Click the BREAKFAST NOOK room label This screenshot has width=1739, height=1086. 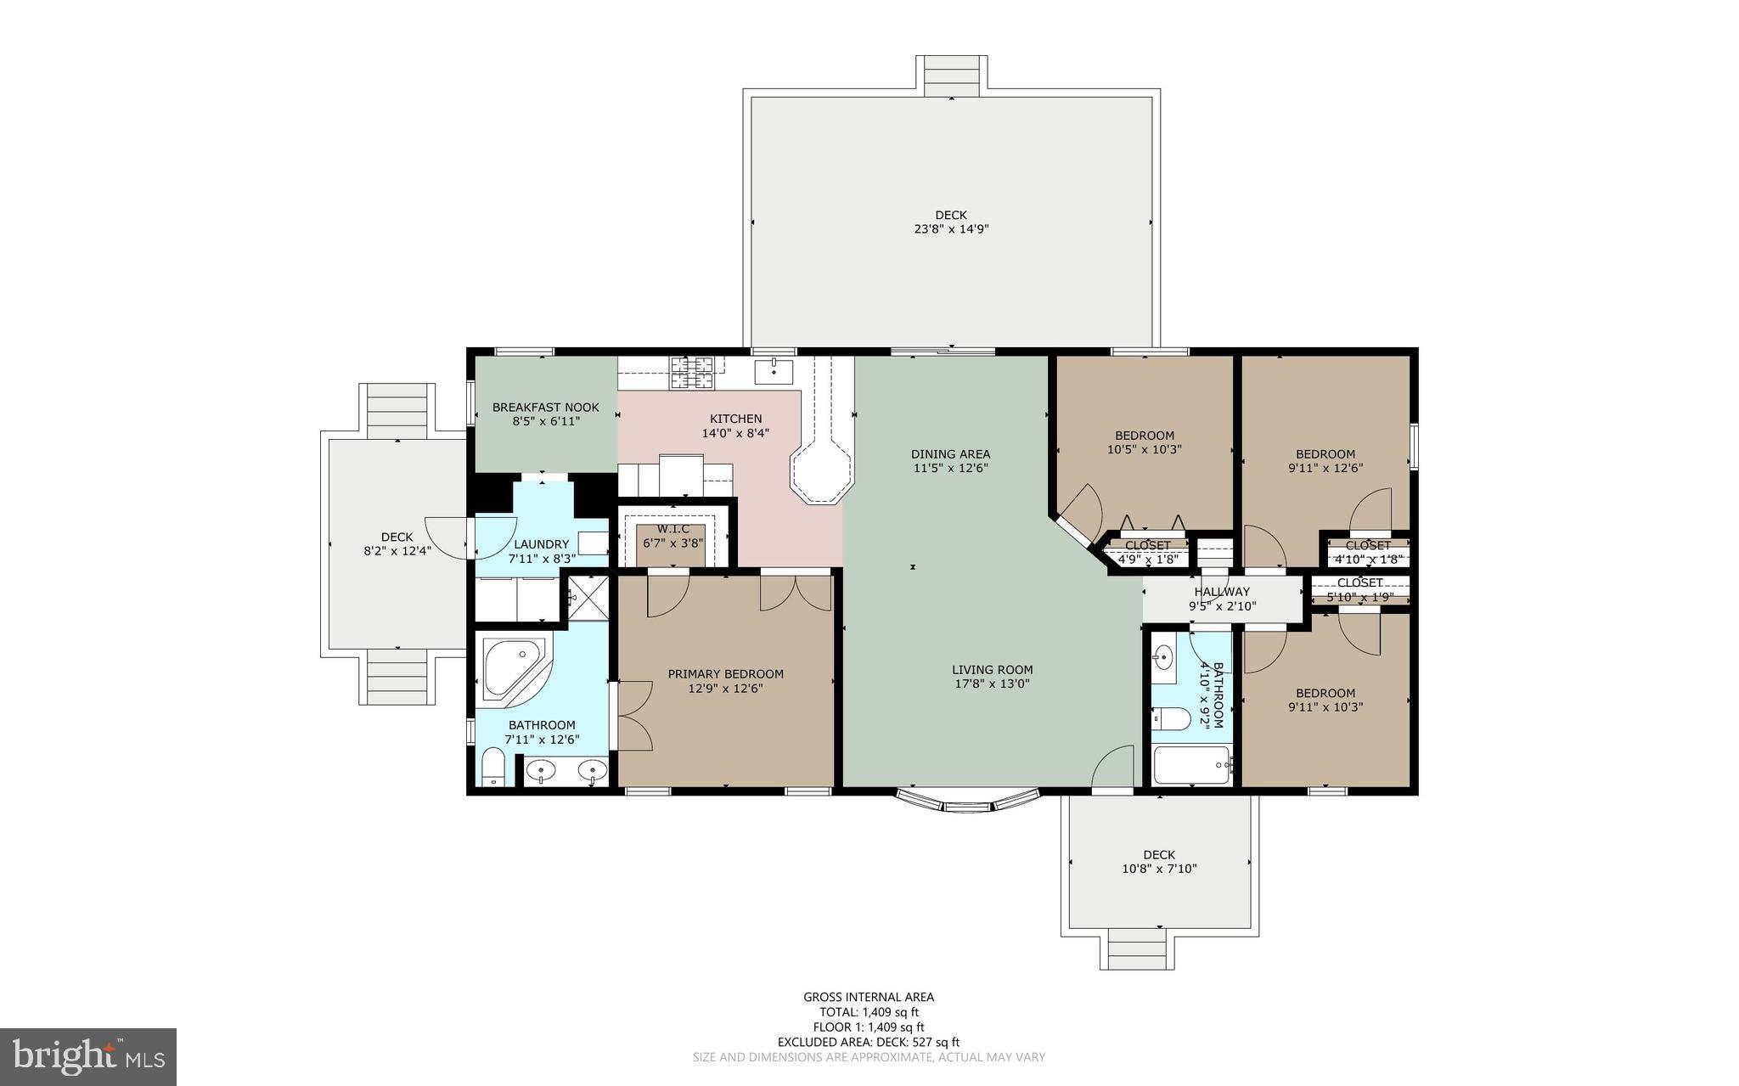point(545,408)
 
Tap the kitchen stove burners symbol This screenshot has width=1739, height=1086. point(692,373)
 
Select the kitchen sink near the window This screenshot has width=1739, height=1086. point(774,370)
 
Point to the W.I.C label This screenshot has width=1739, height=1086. point(673,529)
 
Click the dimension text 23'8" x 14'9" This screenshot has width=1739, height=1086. point(951,228)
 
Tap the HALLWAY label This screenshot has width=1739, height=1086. point(1222,592)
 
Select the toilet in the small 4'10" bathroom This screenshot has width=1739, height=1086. point(1170,718)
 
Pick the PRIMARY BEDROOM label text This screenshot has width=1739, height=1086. point(725,674)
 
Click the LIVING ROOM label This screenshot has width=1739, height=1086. point(992,670)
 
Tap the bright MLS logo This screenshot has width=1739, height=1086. point(88,1055)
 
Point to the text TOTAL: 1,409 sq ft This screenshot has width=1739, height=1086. point(869,1012)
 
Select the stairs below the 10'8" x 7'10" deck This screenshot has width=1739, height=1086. point(1138,948)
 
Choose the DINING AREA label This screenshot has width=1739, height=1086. point(950,454)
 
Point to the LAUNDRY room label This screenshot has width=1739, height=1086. point(541,544)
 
